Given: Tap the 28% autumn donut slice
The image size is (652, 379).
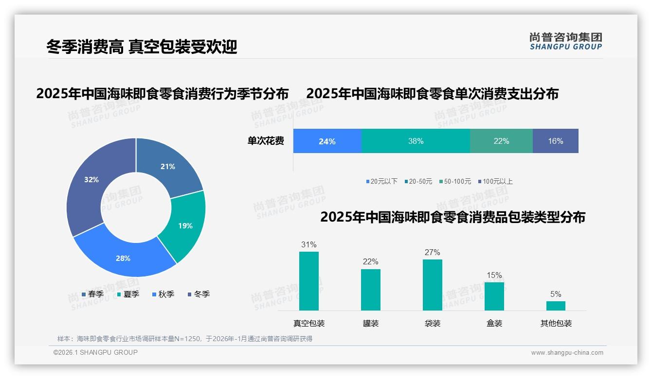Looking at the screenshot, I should [124, 258].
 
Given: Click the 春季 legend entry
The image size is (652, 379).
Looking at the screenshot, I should [92, 294].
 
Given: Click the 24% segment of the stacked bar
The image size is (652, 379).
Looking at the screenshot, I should [327, 141].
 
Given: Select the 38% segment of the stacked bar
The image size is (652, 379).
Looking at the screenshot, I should [416, 141].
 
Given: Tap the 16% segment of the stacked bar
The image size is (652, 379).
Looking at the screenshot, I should [555, 141].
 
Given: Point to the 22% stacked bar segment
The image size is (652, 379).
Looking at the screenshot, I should [501, 141].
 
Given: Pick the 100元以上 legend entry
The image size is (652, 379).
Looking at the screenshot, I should [495, 181].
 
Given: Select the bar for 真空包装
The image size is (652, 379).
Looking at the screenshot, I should [309, 281].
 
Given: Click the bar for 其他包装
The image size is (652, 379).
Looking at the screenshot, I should [556, 306].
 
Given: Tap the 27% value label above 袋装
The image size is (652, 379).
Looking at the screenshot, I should [432, 252].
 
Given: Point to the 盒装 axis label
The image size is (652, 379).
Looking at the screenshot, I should [494, 323].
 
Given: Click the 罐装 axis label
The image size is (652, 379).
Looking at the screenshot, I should [371, 323].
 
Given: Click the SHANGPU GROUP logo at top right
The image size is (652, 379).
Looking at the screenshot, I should [566, 41].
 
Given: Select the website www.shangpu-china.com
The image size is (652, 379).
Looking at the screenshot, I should [567, 353].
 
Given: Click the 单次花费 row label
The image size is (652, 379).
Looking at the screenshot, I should [266, 141].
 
